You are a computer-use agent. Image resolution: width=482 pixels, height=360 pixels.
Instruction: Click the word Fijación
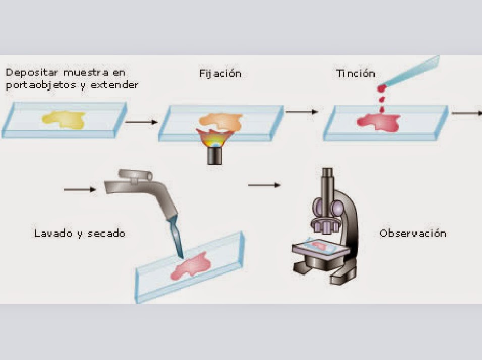220,74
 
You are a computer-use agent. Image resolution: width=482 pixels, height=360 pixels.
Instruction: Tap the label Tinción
356,74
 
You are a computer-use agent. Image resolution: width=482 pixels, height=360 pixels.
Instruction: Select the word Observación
413,233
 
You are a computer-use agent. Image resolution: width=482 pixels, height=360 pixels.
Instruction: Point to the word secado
107,233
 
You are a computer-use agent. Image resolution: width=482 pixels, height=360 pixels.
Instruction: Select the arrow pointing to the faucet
80,190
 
